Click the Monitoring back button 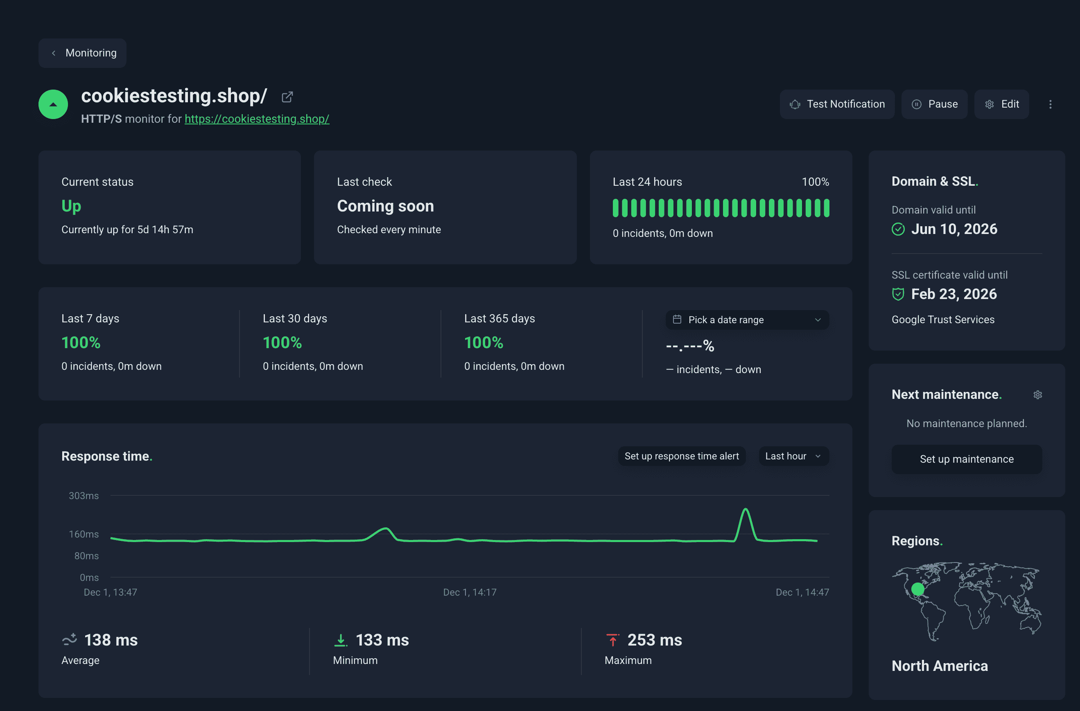83,53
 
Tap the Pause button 934,104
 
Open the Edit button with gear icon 1001,104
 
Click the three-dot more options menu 1050,104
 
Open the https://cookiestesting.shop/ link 256,119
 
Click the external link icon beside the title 287,97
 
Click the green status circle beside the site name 53,104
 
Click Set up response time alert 681,456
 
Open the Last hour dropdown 793,456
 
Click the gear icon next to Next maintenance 1037,395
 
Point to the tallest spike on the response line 745,510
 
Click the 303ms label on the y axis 84,496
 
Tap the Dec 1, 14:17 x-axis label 470,592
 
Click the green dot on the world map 917,589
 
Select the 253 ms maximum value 654,640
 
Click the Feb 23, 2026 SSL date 954,294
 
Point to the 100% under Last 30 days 282,343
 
